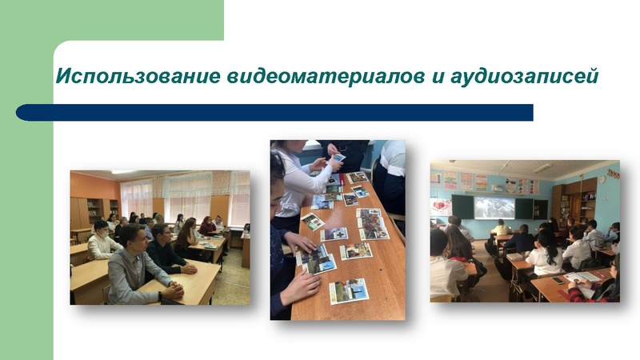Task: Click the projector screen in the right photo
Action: coord(494,206)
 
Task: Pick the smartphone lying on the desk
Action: coord(558,280)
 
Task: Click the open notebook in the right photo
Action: coord(585,276)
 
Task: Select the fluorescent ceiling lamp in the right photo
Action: coord(543,168)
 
